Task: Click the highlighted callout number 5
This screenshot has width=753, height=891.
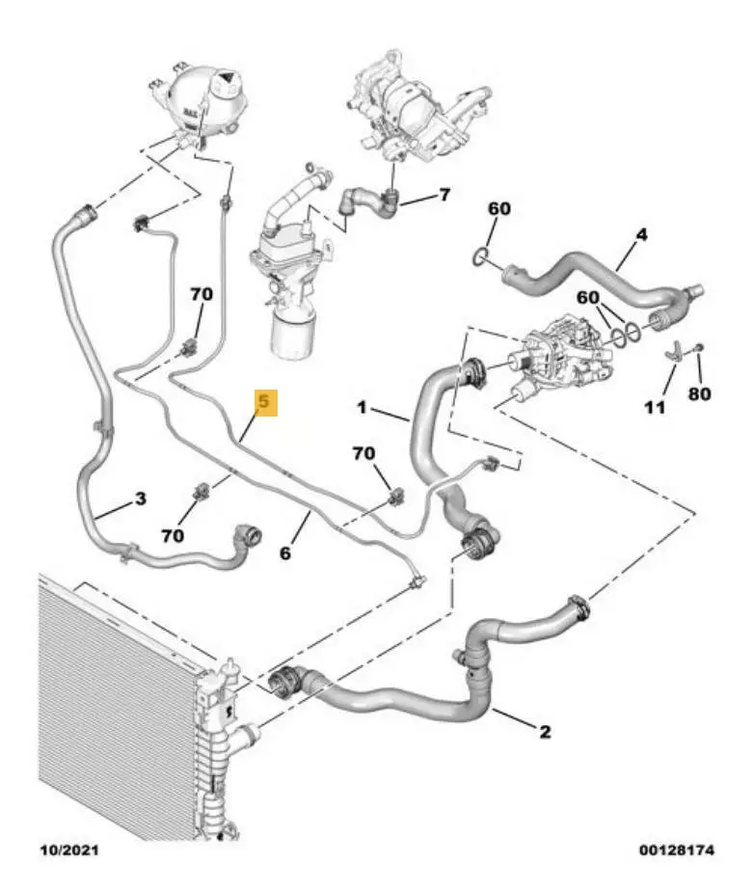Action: pos(265,402)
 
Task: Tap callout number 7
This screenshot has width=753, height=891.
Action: pos(444,195)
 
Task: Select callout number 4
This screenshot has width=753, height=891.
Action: pos(641,234)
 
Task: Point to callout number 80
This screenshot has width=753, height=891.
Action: pos(699,393)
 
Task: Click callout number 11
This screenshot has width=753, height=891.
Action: pos(655,407)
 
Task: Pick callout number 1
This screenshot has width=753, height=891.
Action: pos(362,407)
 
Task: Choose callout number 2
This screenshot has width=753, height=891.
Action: pos(545,731)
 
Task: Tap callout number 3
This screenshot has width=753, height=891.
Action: pos(141,499)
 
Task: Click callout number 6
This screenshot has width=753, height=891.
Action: pos(285,553)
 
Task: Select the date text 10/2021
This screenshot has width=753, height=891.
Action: pos(68,850)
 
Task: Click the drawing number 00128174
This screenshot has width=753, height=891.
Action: pos(676,850)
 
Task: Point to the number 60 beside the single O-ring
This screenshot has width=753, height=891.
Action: pos(499,208)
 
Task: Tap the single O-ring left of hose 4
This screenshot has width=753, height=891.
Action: pos(480,256)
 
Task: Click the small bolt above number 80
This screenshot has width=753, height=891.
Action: pos(698,347)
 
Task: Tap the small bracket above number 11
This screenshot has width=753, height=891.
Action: pos(673,352)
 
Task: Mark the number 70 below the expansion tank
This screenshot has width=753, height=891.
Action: pos(202,294)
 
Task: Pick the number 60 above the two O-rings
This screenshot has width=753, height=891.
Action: pos(587,297)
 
